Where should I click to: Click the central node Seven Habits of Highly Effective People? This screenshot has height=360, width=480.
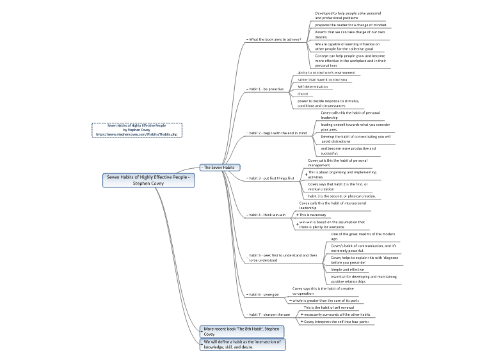coord(149,180)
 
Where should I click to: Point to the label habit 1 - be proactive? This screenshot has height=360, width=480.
coord(267,89)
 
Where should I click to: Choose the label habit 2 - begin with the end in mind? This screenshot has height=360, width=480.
coord(278,133)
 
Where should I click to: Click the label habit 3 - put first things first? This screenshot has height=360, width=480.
coord(272,178)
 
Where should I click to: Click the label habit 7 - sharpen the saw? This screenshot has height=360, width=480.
coord(269,315)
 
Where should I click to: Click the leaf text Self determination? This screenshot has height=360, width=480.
coord(312,86)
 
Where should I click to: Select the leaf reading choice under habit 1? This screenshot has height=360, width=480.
coord(303,93)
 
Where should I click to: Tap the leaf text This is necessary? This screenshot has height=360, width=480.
coord(312,215)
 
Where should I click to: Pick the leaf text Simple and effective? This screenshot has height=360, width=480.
coord(347,269)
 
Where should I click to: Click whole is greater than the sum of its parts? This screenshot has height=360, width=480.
coord(324,299)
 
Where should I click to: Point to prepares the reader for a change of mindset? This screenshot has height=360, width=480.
coord(350,25)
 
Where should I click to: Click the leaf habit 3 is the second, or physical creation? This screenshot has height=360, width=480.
coord(342,196)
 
